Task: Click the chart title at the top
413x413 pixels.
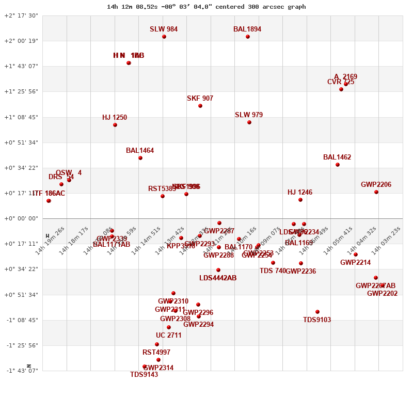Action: (206, 7)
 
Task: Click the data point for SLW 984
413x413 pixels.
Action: (164, 37)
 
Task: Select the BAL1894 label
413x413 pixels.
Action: (247, 29)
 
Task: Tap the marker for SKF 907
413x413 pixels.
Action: (200, 106)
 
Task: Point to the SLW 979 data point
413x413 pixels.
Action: (249, 122)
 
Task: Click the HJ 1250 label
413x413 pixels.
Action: (115, 118)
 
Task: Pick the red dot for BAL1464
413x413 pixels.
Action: (140, 158)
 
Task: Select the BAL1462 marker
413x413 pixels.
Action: (338, 165)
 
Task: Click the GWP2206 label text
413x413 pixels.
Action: (376, 185)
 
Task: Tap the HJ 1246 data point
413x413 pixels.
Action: (300, 200)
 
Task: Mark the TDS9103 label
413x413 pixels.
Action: (317, 320)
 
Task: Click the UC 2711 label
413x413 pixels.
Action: (169, 336)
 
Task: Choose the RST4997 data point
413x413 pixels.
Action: (157, 344)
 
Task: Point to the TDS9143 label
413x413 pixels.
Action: (144, 375)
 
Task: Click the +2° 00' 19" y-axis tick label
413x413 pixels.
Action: (21, 41)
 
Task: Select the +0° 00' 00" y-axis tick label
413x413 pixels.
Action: (21, 218)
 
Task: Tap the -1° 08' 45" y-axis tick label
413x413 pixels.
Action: (22, 320)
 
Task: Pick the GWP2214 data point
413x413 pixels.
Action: (356, 255)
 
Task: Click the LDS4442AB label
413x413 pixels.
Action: (218, 278)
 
